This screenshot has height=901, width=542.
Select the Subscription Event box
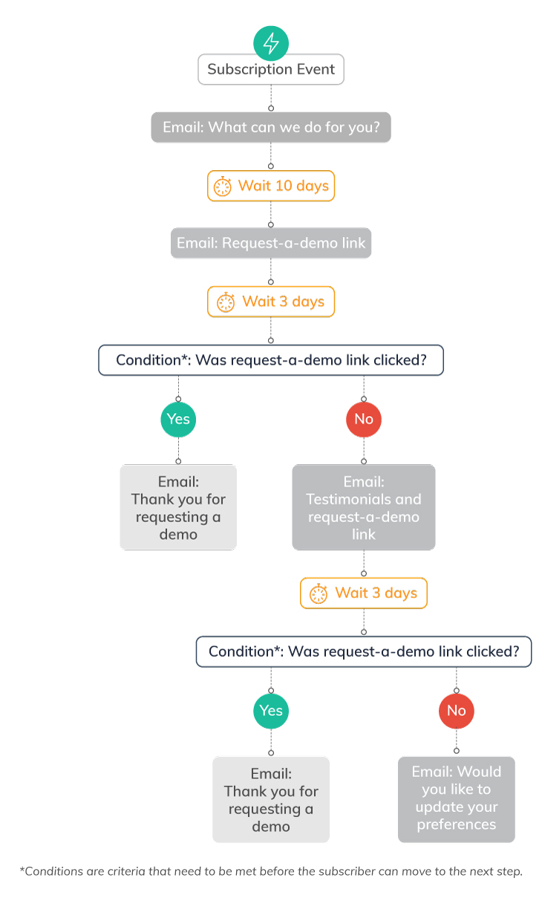pyautogui.click(x=271, y=70)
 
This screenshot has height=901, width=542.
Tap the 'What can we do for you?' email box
pyautogui.click(x=271, y=128)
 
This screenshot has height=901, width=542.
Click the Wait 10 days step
pyautogui.click(x=271, y=186)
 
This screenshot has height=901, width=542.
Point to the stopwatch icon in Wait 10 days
pyautogui.click(x=223, y=186)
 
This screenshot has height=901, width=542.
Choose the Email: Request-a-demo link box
pyautogui.click(x=271, y=243)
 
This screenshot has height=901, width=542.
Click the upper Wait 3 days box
pyautogui.click(x=271, y=302)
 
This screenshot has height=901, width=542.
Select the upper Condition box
pyautogui.click(x=271, y=360)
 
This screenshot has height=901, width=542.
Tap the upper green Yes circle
pyautogui.click(x=178, y=419)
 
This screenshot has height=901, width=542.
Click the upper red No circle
pyautogui.click(x=364, y=419)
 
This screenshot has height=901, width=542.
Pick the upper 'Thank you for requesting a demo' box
pyautogui.click(x=178, y=507)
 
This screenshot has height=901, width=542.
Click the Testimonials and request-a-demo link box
pyautogui.click(x=364, y=507)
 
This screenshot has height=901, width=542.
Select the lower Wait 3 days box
pyautogui.click(x=364, y=593)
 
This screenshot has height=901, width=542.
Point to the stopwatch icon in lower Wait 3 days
pyautogui.click(x=319, y=593)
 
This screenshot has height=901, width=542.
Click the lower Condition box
pyautogui.click(x=364, y=651)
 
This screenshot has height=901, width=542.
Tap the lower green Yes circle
pyautogui.click(x=271, y=710)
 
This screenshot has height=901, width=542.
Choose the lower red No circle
pyautogui.click(x=456, y=710)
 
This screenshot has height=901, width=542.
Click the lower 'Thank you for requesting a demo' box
pyautogui.click(x=271, y=799)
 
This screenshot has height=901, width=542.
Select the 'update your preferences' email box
pyautogui.click(x=456, y=799)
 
